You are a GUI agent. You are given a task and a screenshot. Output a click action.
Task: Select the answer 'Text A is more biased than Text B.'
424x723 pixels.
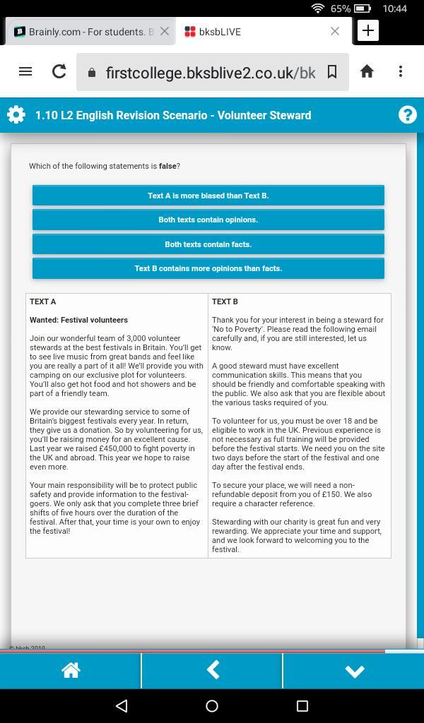pyautogui.click(x=208, y=196)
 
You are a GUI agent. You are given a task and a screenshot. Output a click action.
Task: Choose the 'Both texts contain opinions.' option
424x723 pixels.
pyautogui.click(x=208, y=220)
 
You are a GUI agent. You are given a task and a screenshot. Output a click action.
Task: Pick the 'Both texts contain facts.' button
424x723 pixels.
pyautogui.click(x=208, y=244)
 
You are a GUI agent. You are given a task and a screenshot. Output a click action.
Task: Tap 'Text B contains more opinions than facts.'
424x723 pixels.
pyautogui.click(x=208, y=268)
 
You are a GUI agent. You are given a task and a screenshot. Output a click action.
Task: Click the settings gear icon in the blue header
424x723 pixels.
pyautogui.click(x=16, y=115)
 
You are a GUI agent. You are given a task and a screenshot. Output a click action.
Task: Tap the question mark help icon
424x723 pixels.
pyautogui.click(x=408, y=115)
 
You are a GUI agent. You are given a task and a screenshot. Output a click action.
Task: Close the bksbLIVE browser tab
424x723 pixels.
pyautogui.click(x=335, y=31)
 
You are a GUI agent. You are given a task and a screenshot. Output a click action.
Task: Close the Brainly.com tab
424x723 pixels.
pyautogui.click(x=165, y=31)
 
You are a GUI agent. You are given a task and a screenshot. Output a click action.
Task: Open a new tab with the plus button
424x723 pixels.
pyautogui.click(x=368, y=31)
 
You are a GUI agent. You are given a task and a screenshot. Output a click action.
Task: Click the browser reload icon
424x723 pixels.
pyautogui.click(x=59, y=71)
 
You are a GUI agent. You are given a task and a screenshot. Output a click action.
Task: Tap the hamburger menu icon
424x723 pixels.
pyautogui.click(x=25, y=71)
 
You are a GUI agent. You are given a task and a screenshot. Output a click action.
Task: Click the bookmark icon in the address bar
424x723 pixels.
pyautogui.click(x=332, y=72)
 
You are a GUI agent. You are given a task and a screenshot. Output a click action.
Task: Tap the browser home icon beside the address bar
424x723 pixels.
pyautogui.click(x=367, y=71)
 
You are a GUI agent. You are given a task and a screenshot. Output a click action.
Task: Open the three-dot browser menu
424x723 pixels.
pyautogui.click(x=401, y=71)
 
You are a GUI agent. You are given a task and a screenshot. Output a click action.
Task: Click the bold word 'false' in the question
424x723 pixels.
pyautogui.click(x=167, y=166)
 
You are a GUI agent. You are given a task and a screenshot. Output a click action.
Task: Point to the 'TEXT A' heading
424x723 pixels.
pyautogui.click(x=43, y=301)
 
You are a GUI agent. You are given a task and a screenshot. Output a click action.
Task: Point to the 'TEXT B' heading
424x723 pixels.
pyautogui.click(x=225, y=301)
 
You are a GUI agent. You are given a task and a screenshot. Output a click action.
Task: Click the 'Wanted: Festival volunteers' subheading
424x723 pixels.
pyautogui.click(x=78, y=320)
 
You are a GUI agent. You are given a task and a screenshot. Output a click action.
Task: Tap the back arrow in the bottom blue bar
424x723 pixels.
pyautogui.click(x=212, y=670)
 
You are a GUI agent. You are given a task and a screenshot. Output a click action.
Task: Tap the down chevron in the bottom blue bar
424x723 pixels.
pyautogui.click(x=354, y=671)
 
